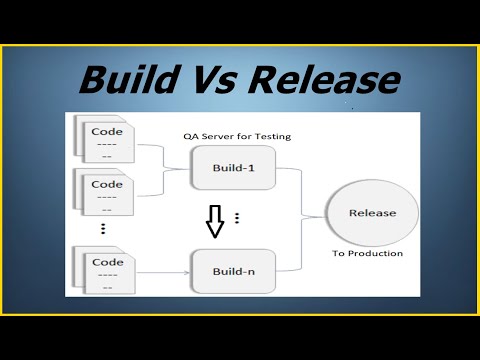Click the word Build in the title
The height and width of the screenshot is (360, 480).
pyautogui.click(x=131, y=78)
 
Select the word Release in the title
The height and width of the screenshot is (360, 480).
pyautogui.click(x=325, y=78)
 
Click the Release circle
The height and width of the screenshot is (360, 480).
pyautogui.click(x=373, y=213)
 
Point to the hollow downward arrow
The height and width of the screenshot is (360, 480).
pyautogui.click(x=214, y=221)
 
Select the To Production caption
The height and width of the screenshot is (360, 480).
pyautogui.click(x=367, y=254)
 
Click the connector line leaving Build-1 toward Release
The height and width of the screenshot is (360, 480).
pyautogui.click(x=300, y=185)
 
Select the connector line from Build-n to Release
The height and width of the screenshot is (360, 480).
pyautogui.click(x=300, y=250)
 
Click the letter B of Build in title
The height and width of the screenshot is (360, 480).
pyautogui.click(x=93, y=78)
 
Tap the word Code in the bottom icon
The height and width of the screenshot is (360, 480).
pyautogui.click(x=107, y=262)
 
